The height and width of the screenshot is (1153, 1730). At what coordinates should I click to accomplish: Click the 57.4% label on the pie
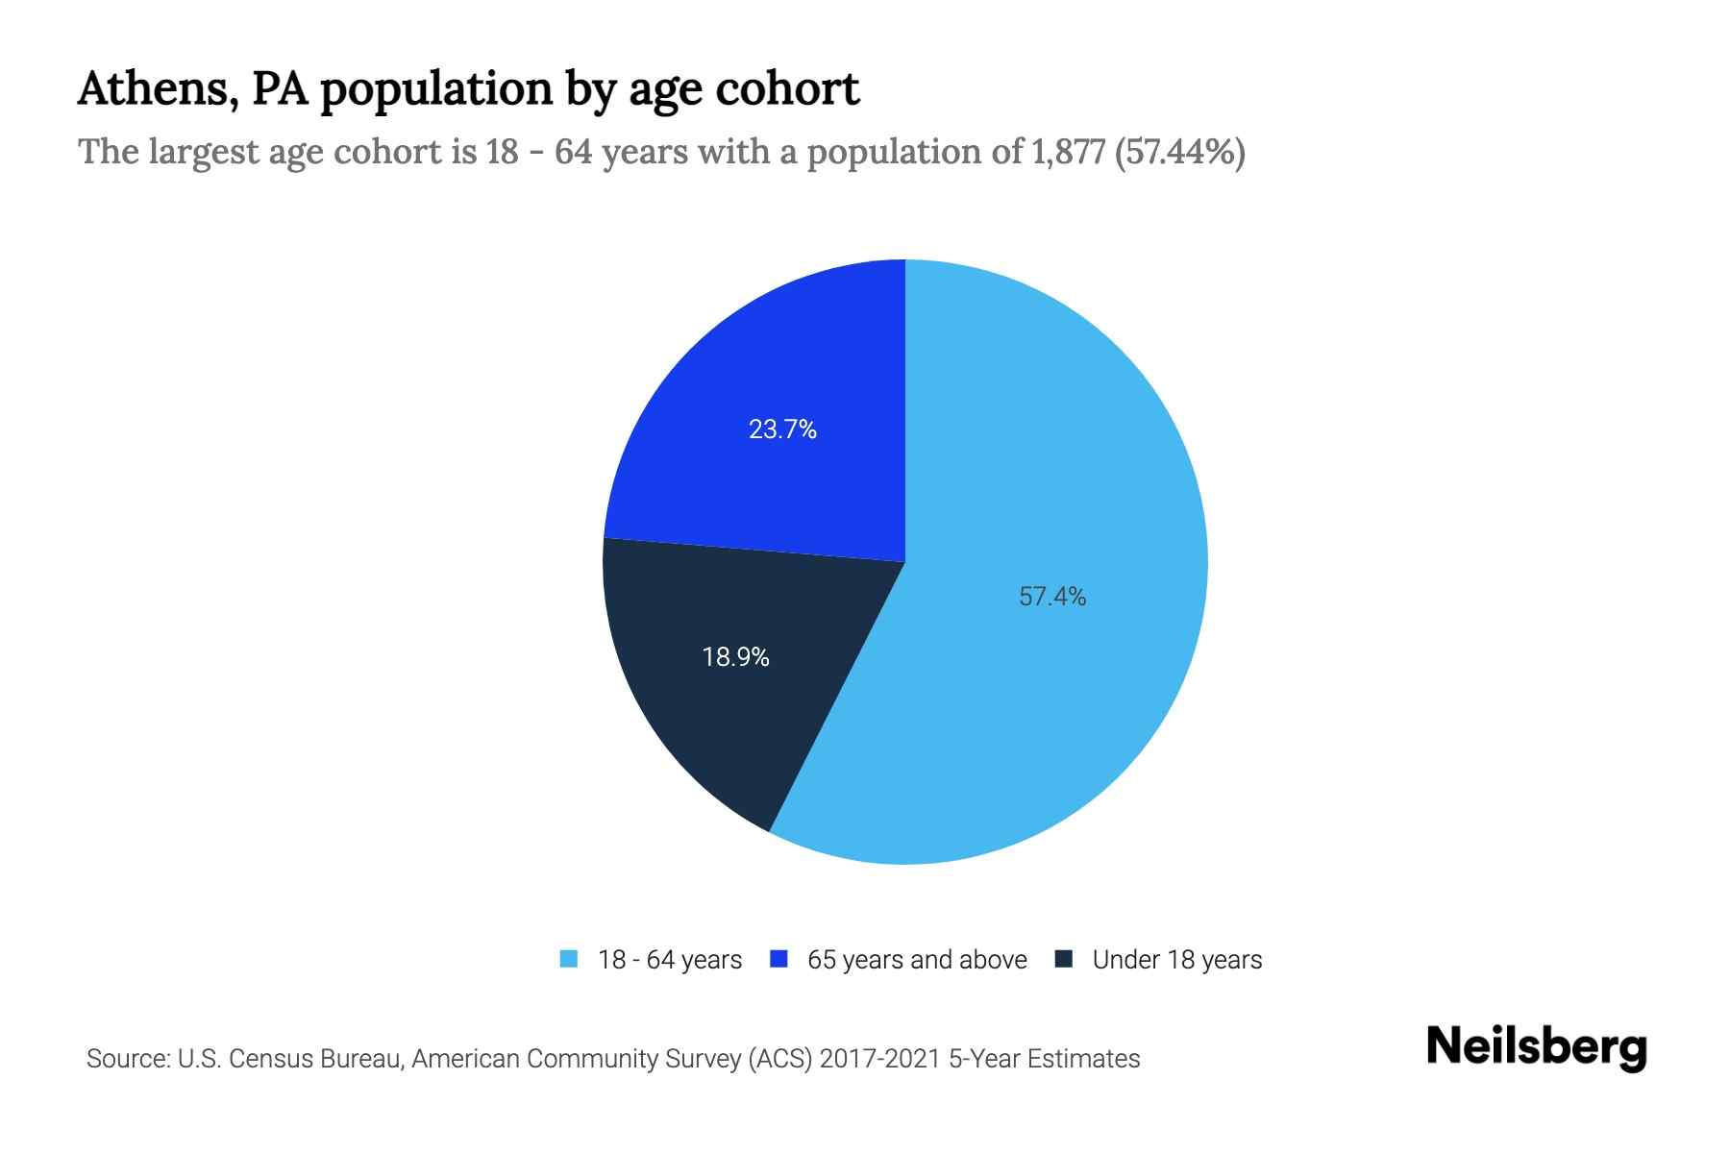(1052, 597)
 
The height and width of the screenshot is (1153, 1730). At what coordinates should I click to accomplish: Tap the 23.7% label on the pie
(782, 429)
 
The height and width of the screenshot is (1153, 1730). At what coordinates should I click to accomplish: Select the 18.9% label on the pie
(735, 657)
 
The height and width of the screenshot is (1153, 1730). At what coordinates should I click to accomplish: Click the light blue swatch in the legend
(569, 959)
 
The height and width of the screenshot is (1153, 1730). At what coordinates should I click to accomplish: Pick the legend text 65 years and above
(917, 960)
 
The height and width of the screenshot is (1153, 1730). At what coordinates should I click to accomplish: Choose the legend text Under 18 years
(1176, 960)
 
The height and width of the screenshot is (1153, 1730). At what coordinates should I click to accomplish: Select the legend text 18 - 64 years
(670, 960)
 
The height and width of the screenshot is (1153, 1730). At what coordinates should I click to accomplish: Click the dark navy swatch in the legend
(1063, 959)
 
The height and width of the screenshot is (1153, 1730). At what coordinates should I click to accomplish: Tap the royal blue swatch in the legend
(779, 959)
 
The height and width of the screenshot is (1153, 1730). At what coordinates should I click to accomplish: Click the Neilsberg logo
(1536, 1047)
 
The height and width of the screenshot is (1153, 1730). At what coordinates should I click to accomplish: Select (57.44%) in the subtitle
(1179, 152)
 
